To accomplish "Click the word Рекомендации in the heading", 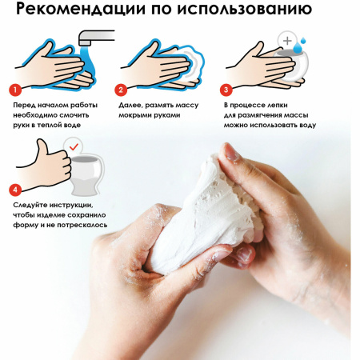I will pyautogui.click(x=82, y=13).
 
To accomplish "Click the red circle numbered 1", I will pyautogui.click(x=14, y=90).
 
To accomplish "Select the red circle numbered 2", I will pyautogui.click(x=121, y=90).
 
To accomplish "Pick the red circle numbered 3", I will pyautogui.click(x=226, y=90).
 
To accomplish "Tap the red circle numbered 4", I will pyautogui.click(x=14, y=190).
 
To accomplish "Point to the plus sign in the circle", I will pyautogui.click(x=286, y=39).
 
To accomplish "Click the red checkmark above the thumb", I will pyautogui.click(x=73, y=146).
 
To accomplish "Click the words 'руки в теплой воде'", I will pyautogui.click(x=47, y=125).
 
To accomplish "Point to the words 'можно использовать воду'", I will pyautogui.click(x=270, y=125).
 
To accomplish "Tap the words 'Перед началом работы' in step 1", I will pyautogui.click(x=54, y=105).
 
